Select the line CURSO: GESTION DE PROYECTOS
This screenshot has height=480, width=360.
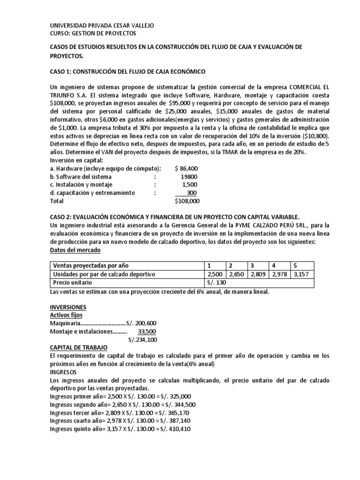[x=93, y=33]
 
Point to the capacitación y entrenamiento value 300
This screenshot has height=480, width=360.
[x=191, y=193]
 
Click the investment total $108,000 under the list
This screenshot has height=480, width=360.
[x=187, y=201]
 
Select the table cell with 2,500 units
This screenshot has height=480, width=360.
[x=214, y=274]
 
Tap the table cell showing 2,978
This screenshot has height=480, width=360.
[x=279, y=274]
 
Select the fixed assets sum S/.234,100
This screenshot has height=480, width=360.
[x=142, y=340]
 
